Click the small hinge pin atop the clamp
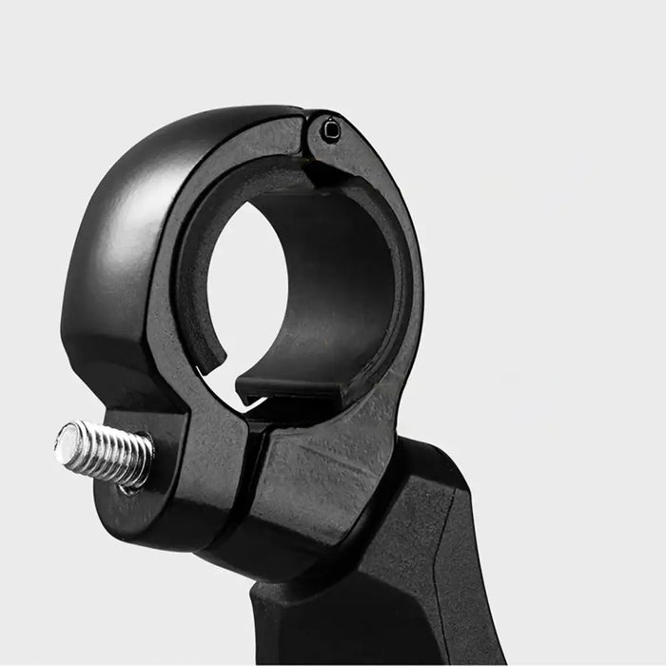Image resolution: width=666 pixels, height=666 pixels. click(x=329, y=130)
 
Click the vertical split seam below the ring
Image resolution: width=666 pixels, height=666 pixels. click(x=249, y=476)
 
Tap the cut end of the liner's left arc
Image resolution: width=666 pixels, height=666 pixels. click(x=215, y=362)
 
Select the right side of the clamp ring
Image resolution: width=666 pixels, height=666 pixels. click(x=404, y=285)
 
